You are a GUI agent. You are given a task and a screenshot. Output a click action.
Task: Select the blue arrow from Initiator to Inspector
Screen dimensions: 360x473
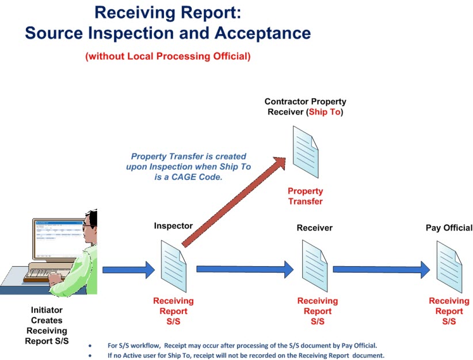click(x=128, y=269)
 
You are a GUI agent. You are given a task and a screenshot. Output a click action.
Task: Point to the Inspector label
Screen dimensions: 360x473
click(x=173, y=226)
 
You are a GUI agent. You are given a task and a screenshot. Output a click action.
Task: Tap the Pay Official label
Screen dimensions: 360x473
click(x=449, y=228)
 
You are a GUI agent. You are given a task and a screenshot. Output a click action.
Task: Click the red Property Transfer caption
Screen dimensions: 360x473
click(x=305, y=196)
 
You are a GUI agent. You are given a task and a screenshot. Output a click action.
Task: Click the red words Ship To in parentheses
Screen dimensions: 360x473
click(x=325, y=112)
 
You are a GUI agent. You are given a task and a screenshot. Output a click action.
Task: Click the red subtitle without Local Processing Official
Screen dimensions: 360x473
click(x=167, y=56)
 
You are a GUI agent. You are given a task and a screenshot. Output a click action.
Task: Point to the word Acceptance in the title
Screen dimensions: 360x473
click(x=262, y=33)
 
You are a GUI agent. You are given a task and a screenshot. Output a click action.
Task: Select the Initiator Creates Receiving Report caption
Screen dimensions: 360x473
click(x=47, y=325)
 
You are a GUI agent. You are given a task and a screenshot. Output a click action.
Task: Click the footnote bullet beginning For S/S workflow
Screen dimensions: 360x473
click(x=242, y=346)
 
